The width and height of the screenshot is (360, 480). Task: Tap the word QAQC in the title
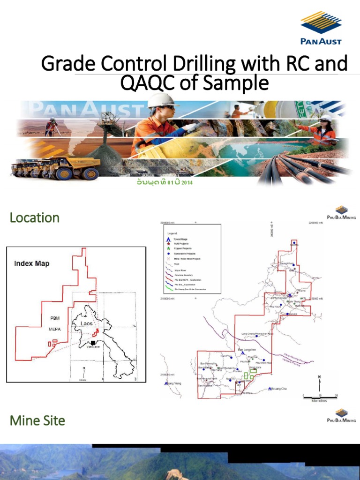[x=142, y=83]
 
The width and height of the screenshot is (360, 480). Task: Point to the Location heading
[x=35, y=217]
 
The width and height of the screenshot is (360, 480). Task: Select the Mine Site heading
[x=37, y=420]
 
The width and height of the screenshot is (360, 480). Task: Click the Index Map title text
[x=32, y=263]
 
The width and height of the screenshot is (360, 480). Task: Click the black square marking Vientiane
[x=93, y=343]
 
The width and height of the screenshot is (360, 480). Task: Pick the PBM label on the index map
[x=55, y=318]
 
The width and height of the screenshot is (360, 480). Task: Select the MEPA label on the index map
[x=55, y=329]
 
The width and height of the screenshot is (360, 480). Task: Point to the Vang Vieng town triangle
[x=166, y=383]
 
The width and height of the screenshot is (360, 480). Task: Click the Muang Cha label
[x=280, y=389]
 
